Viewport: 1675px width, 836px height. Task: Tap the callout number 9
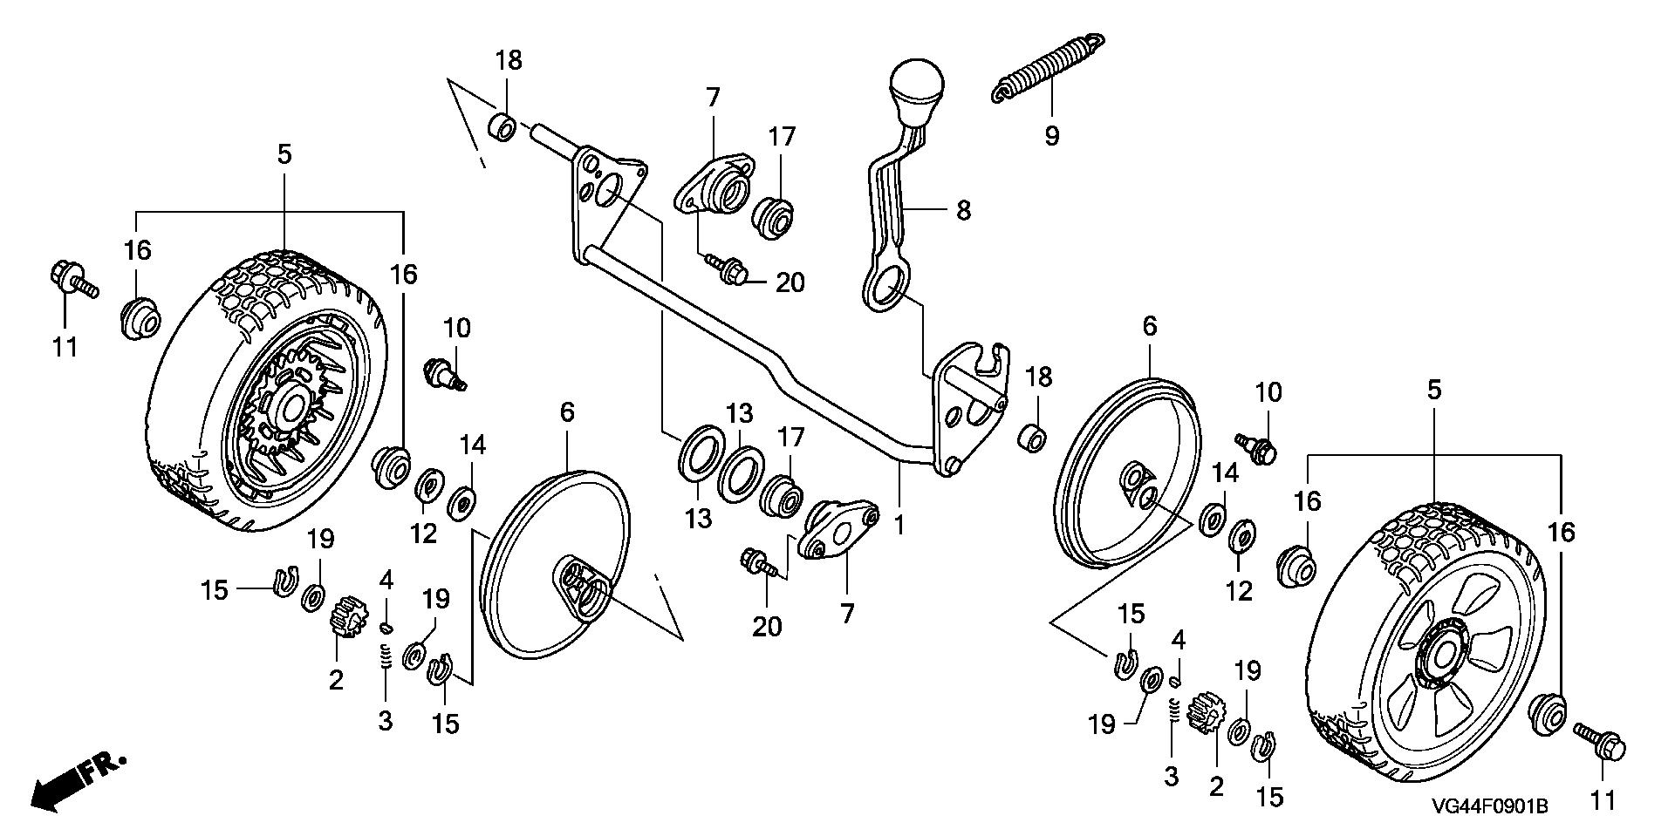pyautogui.click(x=1051, y=136)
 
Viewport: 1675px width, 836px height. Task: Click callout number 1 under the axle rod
pyautogui.click(x=899, y=525)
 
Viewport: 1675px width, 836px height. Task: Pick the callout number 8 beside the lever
pyautogui.click(x=963, y=210)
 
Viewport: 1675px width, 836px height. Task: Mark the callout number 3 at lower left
pyautogui.click(x=385, y=720)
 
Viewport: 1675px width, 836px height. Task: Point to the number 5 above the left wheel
pyautogui.click(x=284, y=154)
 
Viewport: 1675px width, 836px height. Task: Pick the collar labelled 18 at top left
pyautogui.click(x=502, y=127)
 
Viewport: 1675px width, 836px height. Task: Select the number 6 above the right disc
pyautogui.click(x=1150, y=326)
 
